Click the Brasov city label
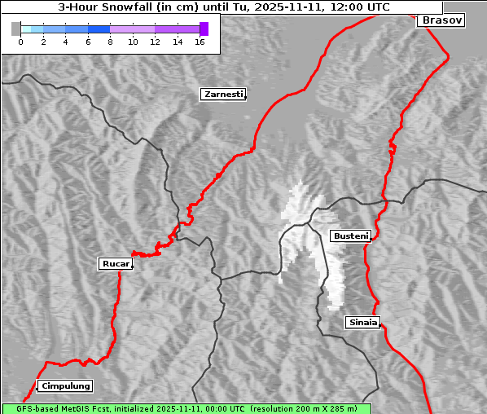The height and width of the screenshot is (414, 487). (441, 20)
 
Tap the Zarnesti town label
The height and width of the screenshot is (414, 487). (222, 95)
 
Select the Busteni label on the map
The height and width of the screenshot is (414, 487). (350, 236)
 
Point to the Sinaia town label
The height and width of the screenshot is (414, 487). (362, 323)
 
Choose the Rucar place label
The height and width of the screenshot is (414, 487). (115, 264)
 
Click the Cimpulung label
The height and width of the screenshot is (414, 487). (65, 386)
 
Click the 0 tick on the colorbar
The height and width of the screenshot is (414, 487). (20, 42)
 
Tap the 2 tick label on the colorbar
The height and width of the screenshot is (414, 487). (42, 42)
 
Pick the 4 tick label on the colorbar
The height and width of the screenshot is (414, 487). (65, 42)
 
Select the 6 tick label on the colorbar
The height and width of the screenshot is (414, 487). (87, 42)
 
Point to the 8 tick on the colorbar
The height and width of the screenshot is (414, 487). (110, 42)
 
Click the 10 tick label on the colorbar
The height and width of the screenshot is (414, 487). (132, 42)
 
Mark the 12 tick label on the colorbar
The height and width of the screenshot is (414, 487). (155, 42)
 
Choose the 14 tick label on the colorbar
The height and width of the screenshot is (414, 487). (177, 42)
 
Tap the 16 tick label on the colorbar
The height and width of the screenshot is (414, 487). (200, 42)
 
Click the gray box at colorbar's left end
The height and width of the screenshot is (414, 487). (16, 29)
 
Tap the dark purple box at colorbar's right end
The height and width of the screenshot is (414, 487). (204, 29)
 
